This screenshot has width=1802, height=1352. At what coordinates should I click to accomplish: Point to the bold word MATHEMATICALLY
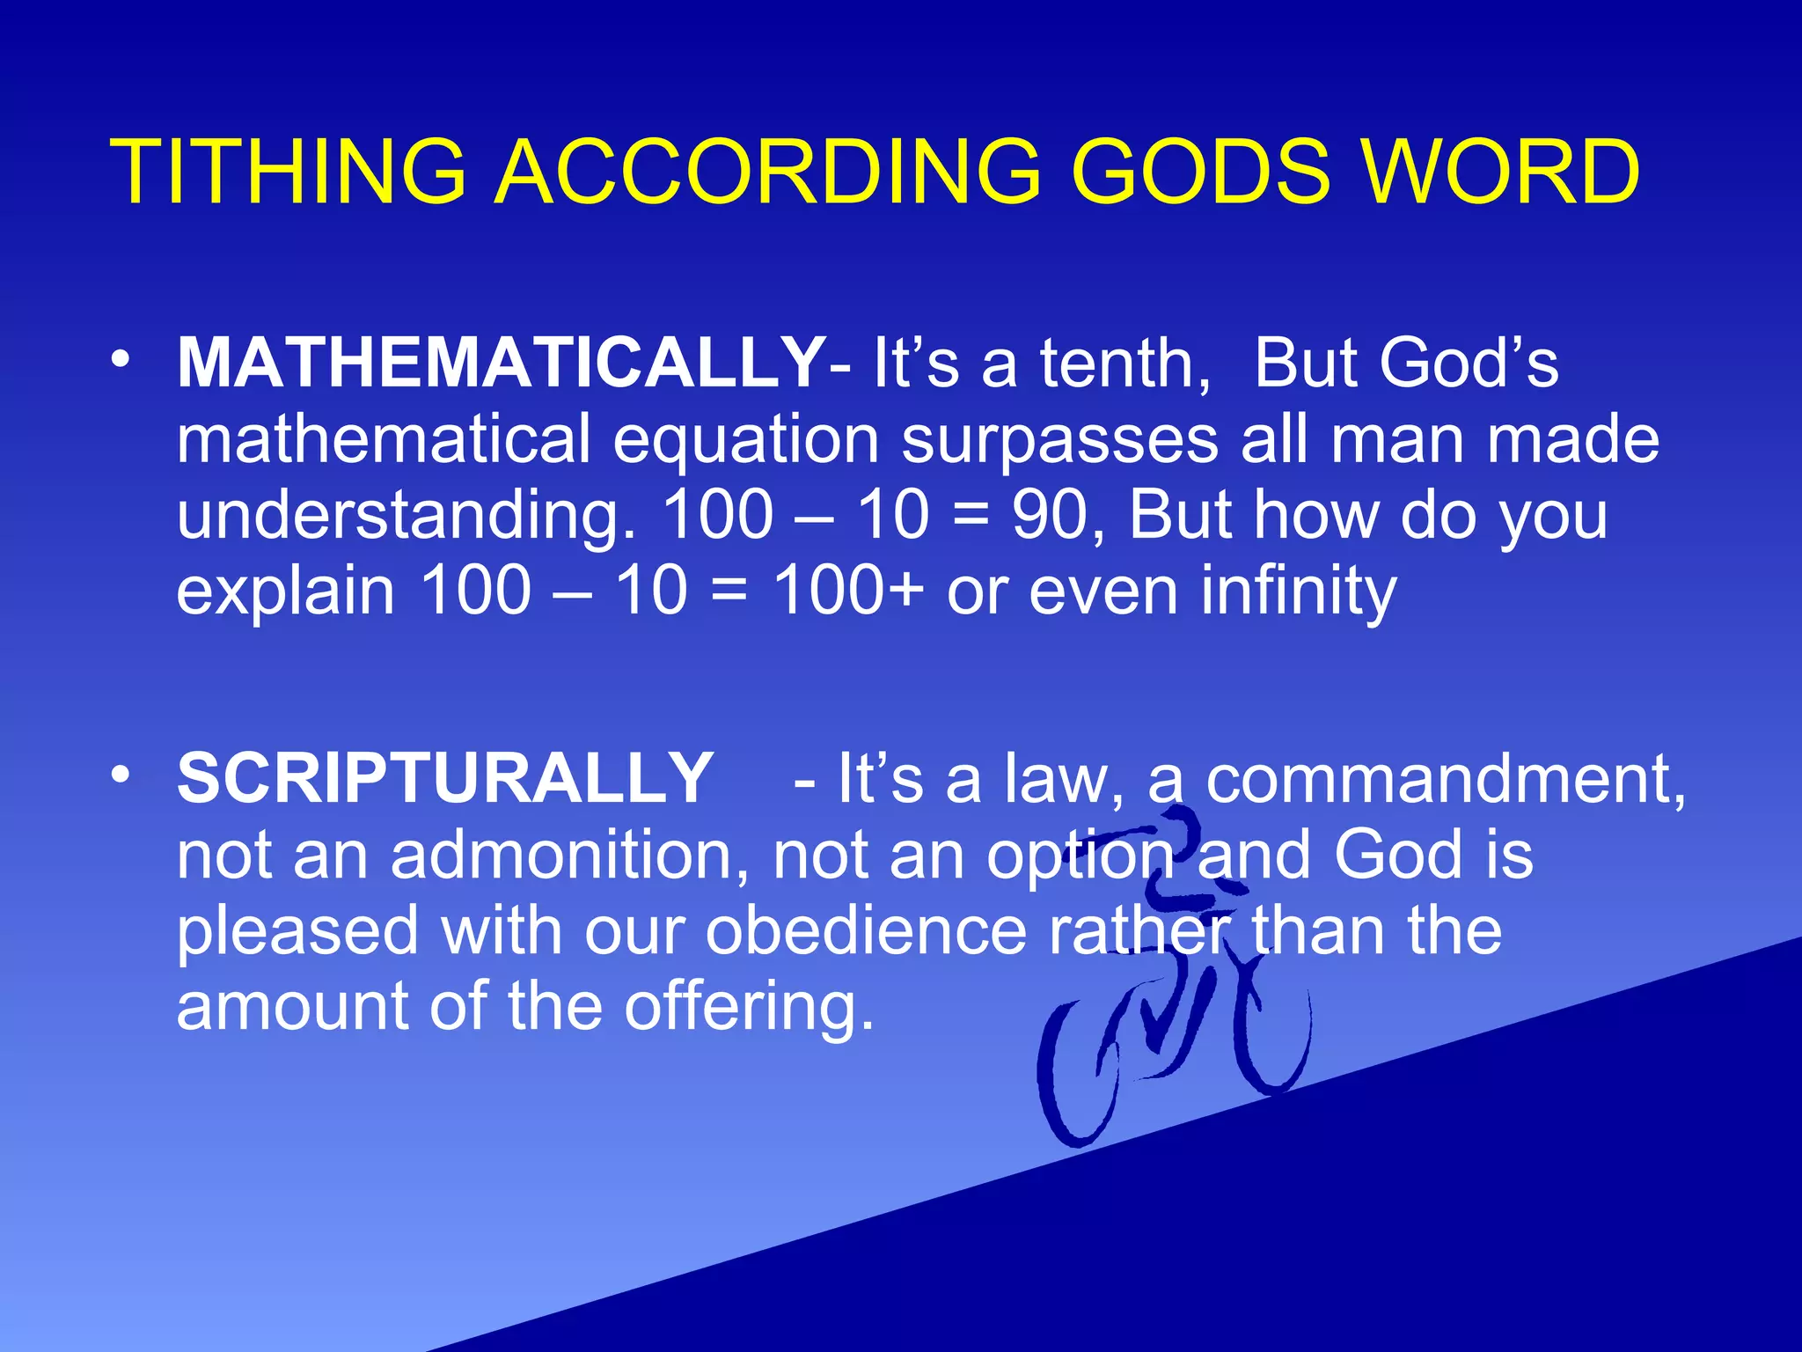click(x=500, y=363)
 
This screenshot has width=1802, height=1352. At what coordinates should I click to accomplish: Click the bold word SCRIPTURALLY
click(x=444, y=778)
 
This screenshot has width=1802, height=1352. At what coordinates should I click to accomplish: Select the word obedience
click(x=866, y=931)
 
